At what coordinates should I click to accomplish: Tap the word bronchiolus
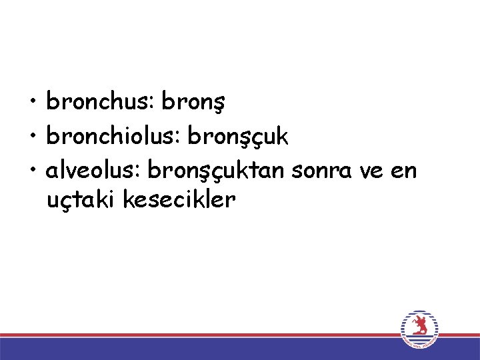[113, 136]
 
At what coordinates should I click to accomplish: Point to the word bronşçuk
[239, 137]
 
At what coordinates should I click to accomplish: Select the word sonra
[322, 171]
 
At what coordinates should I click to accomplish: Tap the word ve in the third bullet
[370, 171]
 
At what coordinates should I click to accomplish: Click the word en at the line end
[403, 171]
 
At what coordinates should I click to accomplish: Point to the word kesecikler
[180, 199]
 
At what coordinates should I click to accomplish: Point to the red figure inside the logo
[420, 326]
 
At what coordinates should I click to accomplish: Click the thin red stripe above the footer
[200, 335]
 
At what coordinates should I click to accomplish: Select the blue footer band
[200, 349]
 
